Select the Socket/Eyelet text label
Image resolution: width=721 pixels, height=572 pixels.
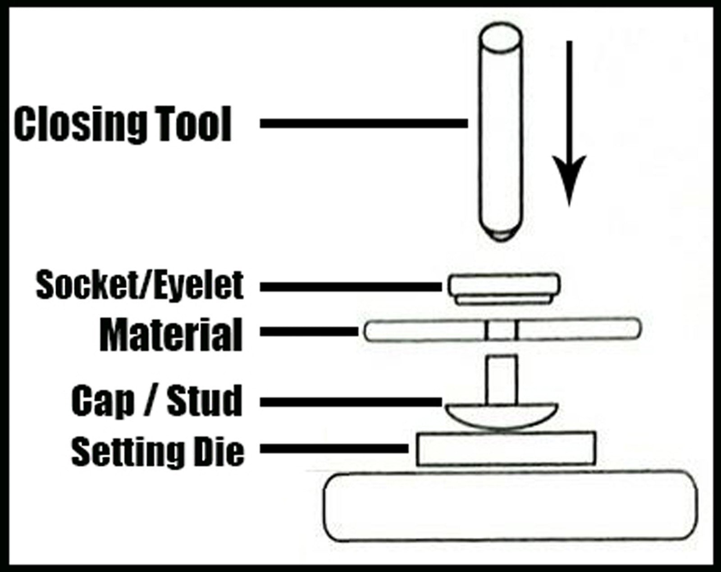click(140, 285)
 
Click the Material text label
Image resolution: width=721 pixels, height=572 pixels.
click(171, 335)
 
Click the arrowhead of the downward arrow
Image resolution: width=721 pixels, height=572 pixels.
click(569, 178)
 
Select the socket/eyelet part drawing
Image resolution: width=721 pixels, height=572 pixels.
click(504, 289)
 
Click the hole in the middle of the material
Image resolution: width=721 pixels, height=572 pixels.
click(501, 330)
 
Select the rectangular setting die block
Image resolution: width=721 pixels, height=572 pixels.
click(506, 449)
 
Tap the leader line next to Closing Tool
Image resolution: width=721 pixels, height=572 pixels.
click(364, 124)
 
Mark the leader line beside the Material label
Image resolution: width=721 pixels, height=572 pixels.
click(309, 331)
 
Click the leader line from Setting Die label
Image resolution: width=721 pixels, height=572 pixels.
click(334, 449)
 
